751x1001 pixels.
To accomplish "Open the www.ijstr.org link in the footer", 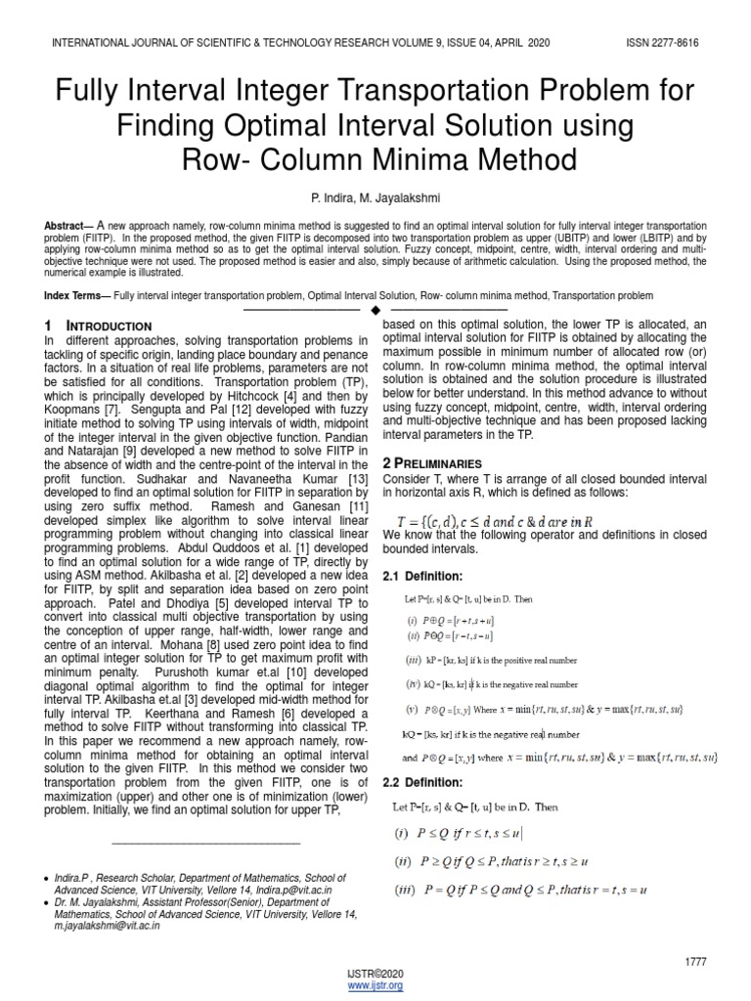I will pos(375,986).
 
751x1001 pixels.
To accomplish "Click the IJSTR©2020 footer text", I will pos(375,975).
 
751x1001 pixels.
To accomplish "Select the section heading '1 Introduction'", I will pos(98,325).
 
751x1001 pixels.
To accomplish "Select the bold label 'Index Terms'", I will pos(76,295).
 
